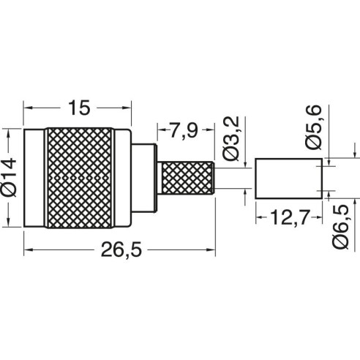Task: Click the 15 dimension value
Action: (x=79, y=108)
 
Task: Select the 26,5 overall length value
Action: (x=121, y=250)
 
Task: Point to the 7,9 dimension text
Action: (x=184, y=130)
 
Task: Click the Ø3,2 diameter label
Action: (x=230, y=138)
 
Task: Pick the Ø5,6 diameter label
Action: (x=313, y=127)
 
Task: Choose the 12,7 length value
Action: (x=290, y=217)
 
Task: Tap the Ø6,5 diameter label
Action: (x=341, y=227)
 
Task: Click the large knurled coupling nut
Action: (x=79, y=178)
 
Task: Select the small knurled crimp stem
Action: (x=187, y=178)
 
